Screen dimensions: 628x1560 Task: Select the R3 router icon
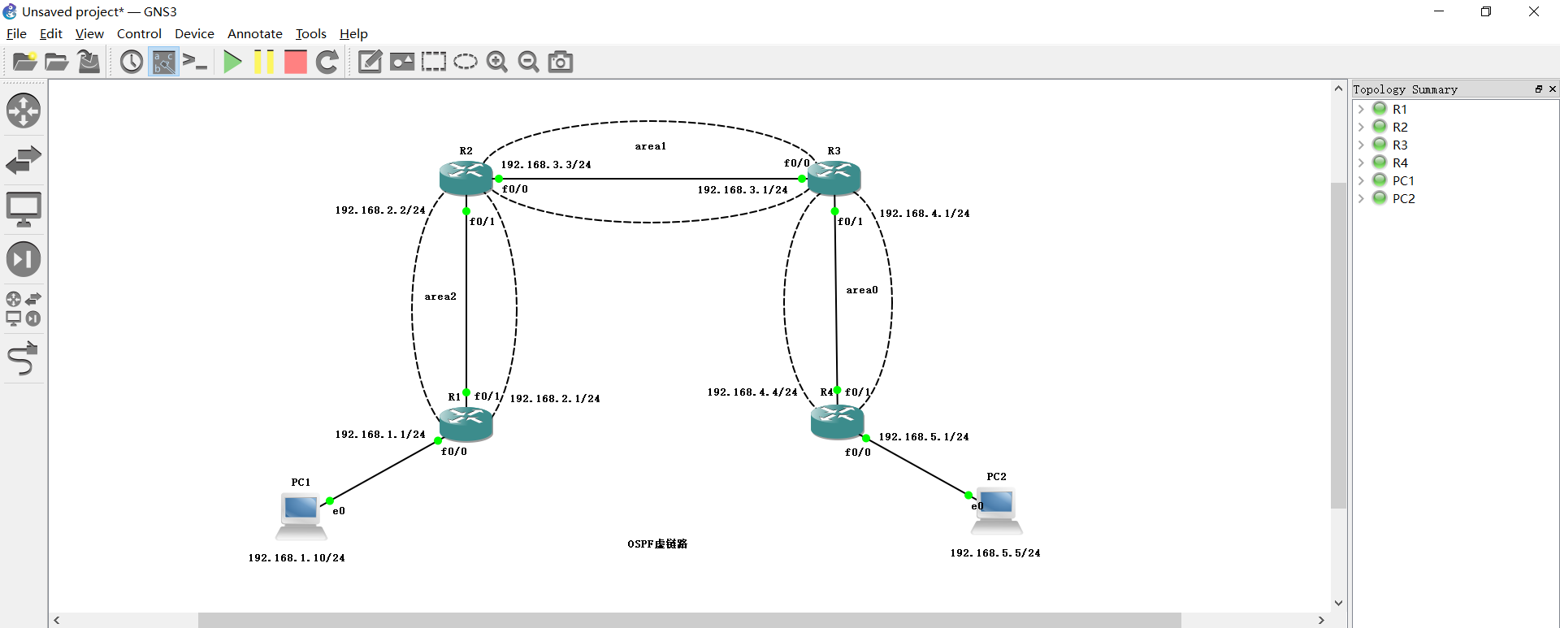834,177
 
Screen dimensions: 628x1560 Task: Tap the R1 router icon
466,423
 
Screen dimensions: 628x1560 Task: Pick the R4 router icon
837,422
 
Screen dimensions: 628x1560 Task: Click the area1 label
650,146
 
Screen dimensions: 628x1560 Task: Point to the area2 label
440,297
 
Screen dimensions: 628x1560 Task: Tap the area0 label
861,290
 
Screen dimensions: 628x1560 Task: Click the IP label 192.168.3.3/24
545,165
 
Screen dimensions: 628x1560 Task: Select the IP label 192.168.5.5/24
994,553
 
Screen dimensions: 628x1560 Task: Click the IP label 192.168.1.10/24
297,558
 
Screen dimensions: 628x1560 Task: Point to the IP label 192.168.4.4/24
752,392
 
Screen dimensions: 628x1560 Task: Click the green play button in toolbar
232,62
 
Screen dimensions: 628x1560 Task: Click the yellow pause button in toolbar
264,62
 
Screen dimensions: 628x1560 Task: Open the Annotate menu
254,33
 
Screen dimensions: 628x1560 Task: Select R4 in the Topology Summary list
1399,162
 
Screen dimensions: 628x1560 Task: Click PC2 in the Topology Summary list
1403,198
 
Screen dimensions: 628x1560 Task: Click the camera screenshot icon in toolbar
561,62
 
